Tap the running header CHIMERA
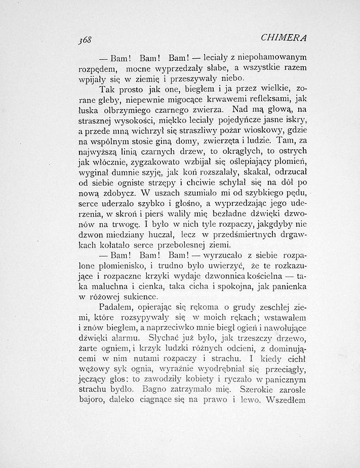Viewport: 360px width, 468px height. click(285, 38)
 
